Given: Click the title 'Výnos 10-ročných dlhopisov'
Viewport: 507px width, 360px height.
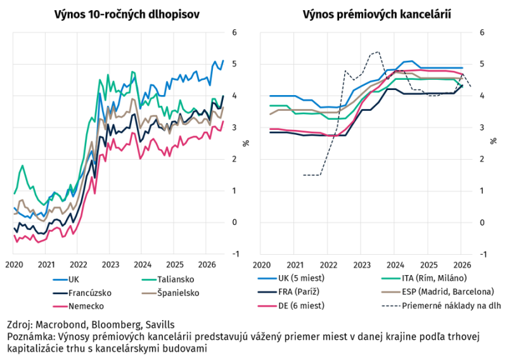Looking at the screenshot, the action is (x=127, y=15).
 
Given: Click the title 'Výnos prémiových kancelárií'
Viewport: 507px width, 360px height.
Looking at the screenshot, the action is (x=376, y=15).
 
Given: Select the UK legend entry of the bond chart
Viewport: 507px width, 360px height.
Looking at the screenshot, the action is (x=66, y=280).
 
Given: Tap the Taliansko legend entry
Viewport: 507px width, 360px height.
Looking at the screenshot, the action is (x=168, y=280).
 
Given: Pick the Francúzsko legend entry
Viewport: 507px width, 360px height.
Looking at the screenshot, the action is (x=82, y=293).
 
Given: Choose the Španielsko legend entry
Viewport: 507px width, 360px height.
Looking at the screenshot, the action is (x=170, y=293).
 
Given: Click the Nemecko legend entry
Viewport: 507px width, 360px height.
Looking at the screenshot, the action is (x=78, y=306).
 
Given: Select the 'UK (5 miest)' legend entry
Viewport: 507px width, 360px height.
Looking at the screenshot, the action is (x=291, y=278).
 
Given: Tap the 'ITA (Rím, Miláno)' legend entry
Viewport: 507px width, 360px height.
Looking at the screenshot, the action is (x=424, y=278).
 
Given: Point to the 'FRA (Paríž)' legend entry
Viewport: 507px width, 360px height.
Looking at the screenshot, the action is (x=288, y=292).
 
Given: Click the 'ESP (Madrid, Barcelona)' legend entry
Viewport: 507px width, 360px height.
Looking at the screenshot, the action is (x=438, y=292).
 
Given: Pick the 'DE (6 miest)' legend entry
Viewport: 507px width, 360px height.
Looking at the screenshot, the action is (x=291, y=305).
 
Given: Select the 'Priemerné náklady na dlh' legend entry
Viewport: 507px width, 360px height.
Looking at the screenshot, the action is (x=441, y=305).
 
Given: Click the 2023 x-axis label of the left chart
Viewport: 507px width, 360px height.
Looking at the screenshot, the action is (x=110, y=265).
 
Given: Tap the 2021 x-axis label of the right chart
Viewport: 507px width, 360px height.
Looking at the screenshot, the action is (x=295, y=265).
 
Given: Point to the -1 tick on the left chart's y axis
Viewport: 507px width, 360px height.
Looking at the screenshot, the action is (x=236, y=254).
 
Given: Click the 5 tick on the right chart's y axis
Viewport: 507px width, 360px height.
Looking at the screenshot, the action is (x=482, y=64).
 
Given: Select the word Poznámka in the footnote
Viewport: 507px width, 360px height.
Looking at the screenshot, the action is (x=27, y=337).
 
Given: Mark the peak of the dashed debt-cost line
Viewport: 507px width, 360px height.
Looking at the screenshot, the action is (x=378, y=52).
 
